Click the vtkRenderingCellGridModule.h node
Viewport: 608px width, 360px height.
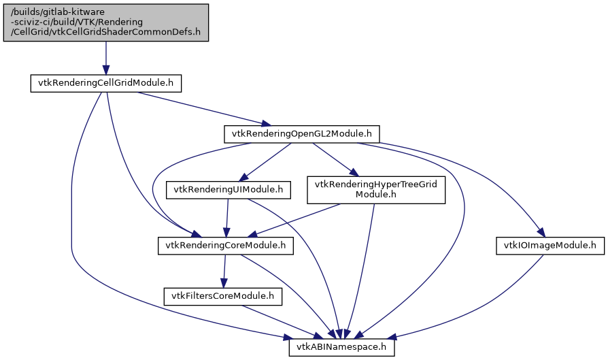pos(105,83)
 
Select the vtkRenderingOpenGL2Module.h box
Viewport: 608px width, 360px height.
pos(301,134)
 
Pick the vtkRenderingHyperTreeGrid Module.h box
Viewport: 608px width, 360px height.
pos(376,190)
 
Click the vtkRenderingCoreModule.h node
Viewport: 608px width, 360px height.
pos(225,245)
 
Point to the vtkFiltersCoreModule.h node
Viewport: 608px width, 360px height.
pos(222,296)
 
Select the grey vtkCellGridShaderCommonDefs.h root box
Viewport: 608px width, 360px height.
pos(105,22)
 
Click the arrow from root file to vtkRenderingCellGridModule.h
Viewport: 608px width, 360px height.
pos(105,58)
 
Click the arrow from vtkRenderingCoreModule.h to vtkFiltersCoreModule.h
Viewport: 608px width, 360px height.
pos(224,271)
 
